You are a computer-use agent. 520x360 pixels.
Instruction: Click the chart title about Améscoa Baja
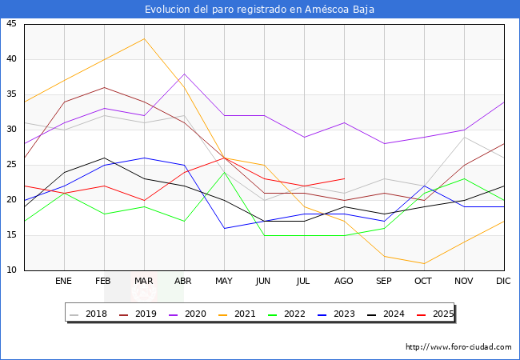point(259,10)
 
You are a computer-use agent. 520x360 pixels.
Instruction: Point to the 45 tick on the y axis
point(11,24)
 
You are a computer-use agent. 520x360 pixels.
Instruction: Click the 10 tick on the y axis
point(11,270)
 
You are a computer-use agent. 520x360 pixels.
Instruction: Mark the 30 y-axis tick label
point(11,130)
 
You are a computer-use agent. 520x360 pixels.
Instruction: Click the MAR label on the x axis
point(144,282)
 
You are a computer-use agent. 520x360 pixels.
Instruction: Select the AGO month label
point(344,282)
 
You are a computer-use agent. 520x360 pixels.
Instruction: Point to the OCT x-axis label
point(424,282)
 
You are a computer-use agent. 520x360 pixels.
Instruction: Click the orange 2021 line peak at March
point(144,38)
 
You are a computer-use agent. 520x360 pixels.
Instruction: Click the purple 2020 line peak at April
point(184,74)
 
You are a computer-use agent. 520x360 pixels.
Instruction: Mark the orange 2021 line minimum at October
point(424,263)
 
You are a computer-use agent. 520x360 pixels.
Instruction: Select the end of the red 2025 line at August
point(344,179)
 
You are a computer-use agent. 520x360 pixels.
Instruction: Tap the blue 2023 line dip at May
point(224,228)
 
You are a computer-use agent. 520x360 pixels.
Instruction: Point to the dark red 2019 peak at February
point(104,87)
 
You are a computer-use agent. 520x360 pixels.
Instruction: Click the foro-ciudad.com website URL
point(458,347)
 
